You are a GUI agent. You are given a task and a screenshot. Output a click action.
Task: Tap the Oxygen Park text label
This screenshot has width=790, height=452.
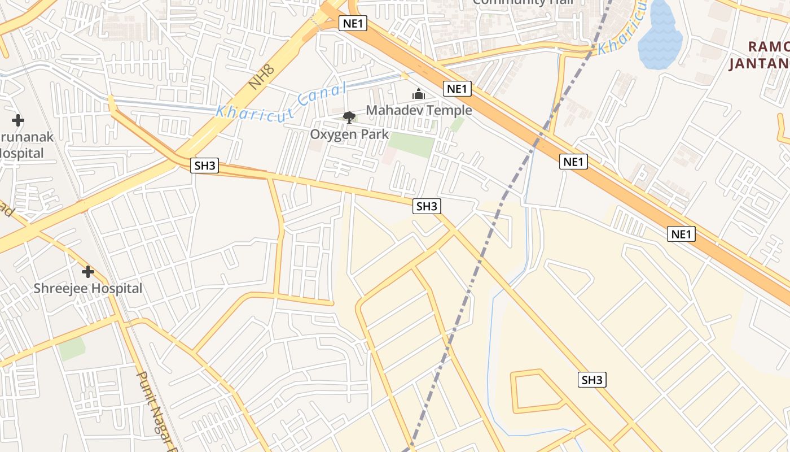pos(349,134)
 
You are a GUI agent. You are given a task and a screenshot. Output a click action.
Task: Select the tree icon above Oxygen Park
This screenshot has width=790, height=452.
pos(349,118)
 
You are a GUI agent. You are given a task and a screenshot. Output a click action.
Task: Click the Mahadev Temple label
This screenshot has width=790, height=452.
pos(419,110)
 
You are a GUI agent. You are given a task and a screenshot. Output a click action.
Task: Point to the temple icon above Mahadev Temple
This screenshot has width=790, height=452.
pos(419,94)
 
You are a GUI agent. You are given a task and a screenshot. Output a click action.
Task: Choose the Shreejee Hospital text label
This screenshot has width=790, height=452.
pos(88,288)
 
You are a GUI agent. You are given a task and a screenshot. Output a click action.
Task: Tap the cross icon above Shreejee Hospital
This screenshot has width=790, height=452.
pos(88,272)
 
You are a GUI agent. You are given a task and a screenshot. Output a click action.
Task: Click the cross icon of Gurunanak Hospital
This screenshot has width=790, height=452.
pos(18,120)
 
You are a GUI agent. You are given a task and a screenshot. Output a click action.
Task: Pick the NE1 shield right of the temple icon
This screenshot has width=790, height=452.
pos(458,89)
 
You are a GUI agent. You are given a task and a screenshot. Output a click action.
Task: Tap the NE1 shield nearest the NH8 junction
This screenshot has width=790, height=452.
pos(353,23)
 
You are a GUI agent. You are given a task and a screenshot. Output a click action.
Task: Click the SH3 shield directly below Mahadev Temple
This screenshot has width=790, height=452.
pos(427,206)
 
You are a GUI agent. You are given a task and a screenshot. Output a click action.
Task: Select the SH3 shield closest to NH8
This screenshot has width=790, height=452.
pos(204,166)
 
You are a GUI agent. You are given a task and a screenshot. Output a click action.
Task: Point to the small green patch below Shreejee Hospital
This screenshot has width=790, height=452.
pos(72,349)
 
